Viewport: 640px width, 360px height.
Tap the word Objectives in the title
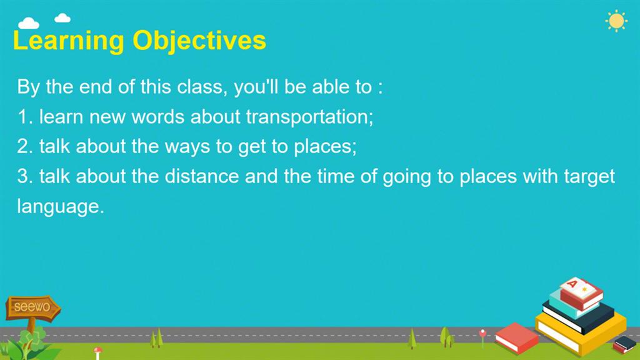point(199,41)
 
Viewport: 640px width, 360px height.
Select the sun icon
point(616,21)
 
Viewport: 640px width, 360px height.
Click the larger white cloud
point(29,23)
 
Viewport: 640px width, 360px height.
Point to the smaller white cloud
point(62,17)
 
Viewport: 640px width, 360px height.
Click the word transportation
point(309,117)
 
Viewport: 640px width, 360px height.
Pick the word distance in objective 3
point(202,176)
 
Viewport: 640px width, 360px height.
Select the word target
point(589,177)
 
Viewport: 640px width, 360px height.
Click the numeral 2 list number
point(22,146)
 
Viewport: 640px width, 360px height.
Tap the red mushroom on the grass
point(97,352)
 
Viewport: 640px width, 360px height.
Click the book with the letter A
point(581,292)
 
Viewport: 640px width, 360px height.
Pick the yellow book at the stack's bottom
point(581,331)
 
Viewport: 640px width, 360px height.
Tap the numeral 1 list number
point(22,117)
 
